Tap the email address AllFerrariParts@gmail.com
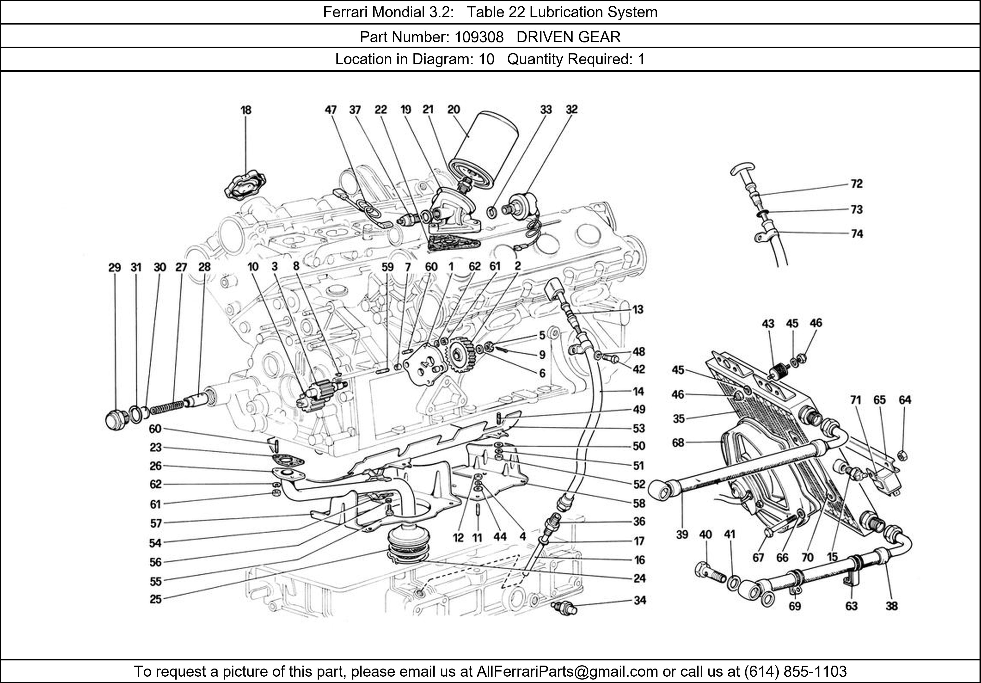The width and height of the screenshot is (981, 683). (x=567, y=671)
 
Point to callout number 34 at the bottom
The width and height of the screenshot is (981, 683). (x=639, y=601)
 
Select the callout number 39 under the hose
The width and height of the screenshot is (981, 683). (x=682, y=535)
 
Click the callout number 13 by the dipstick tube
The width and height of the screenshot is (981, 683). (x=638, y=309)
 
